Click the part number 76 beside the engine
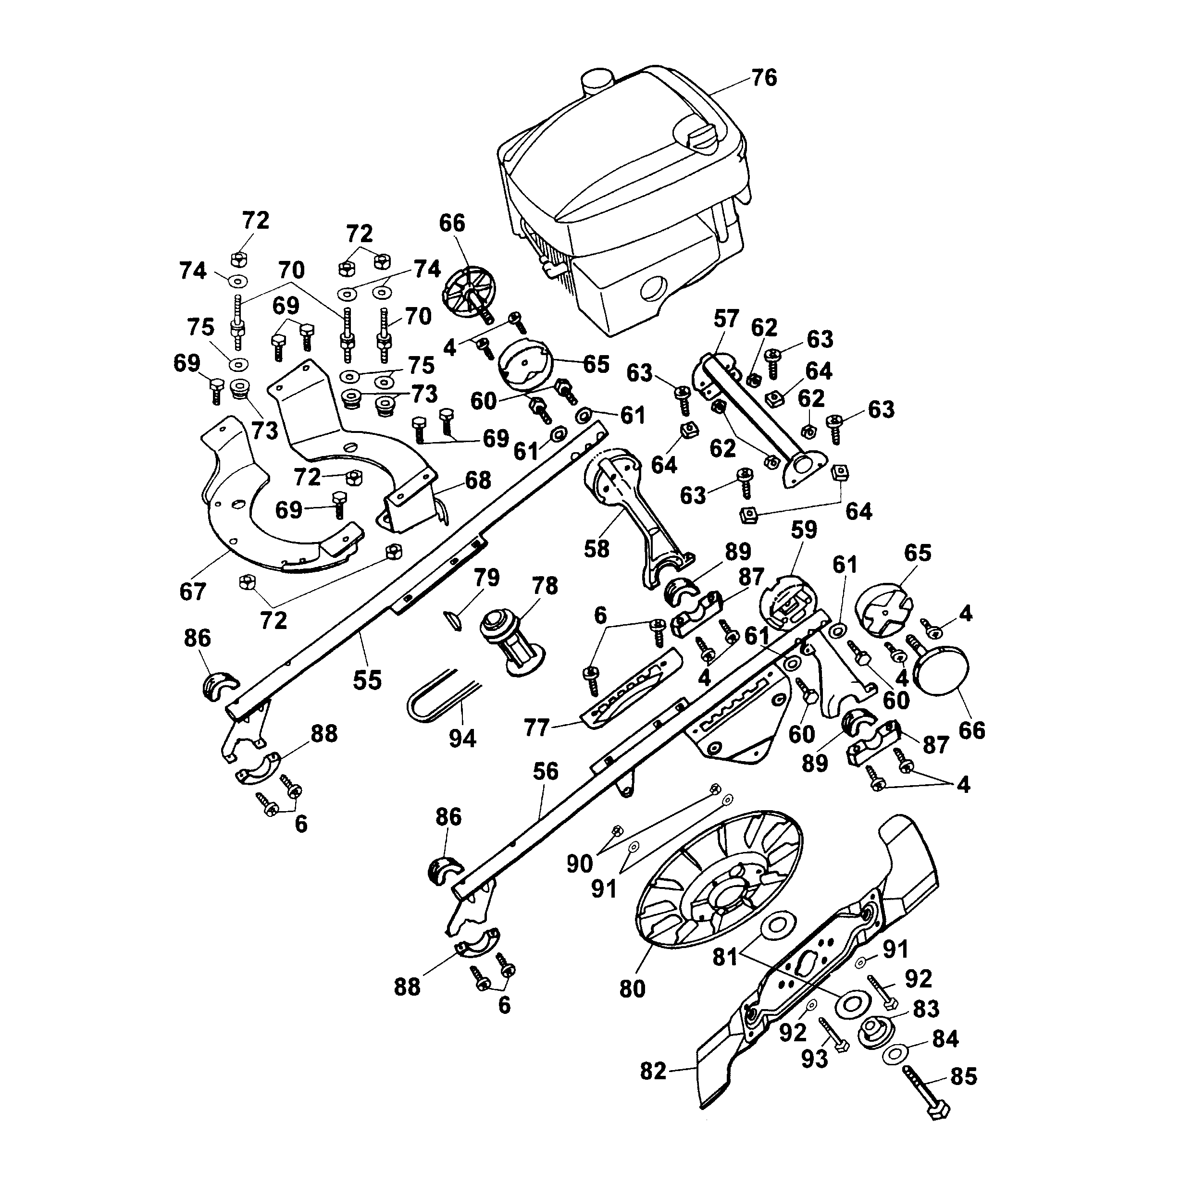[x=764, y=78]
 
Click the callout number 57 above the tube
[x=726, y=319]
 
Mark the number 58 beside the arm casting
[x=597, y=548]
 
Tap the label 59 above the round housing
[x=804, y=530]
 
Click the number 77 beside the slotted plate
[x=537, y=728]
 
